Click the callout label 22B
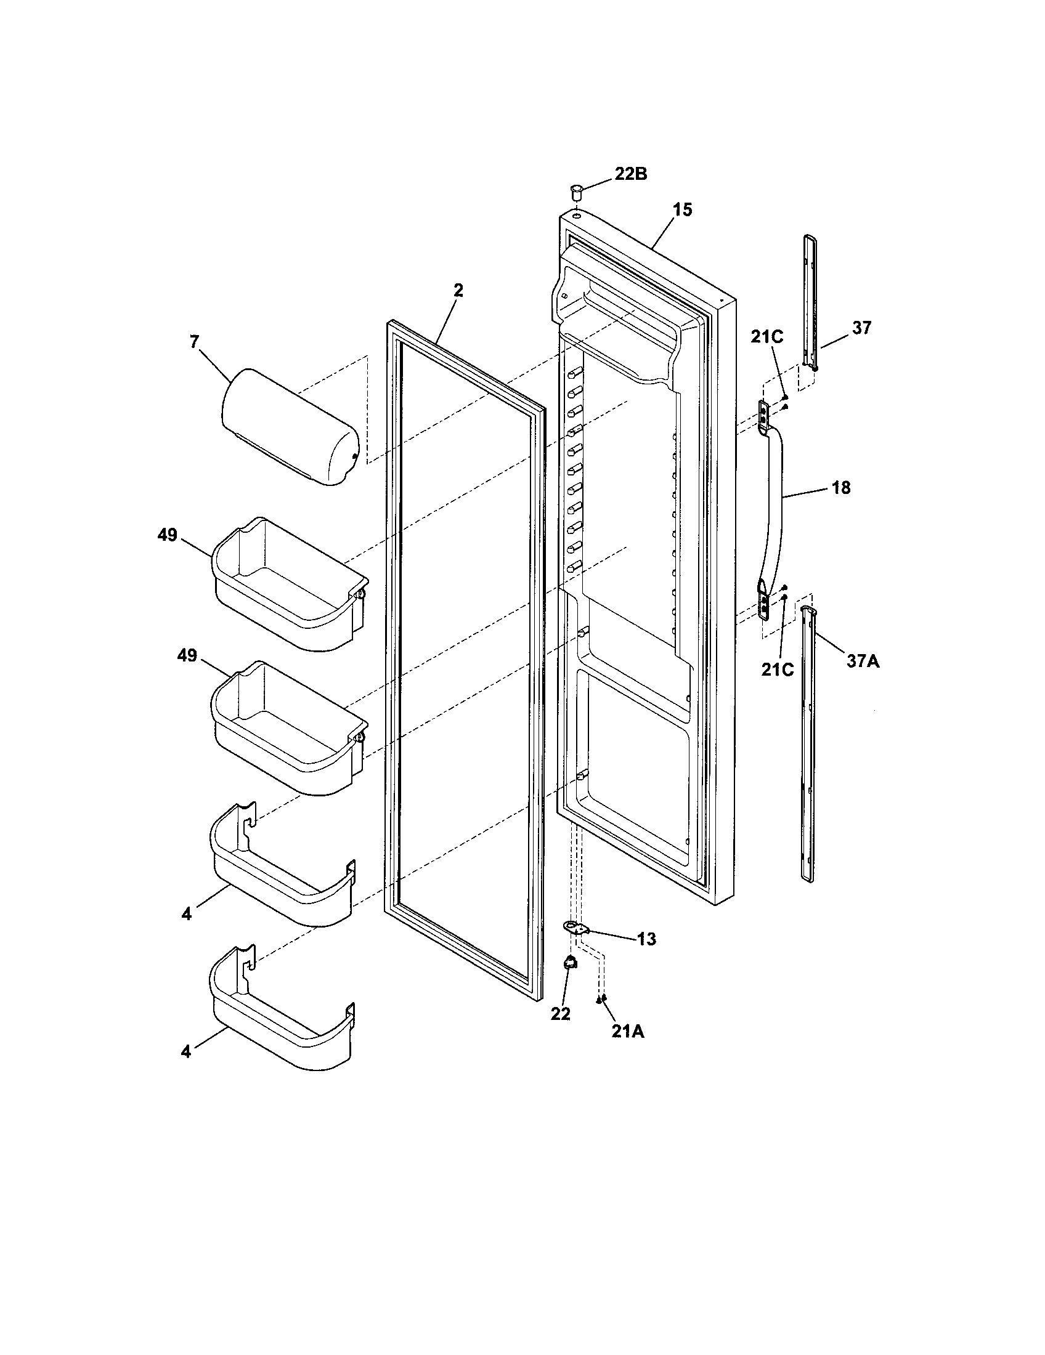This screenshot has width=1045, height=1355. pyautogui.click(x=630, y=174)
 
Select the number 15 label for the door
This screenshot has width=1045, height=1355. pyautogui.click(x=682, y=209)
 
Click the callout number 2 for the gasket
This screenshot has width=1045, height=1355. pyautogui.click(x=457, y=290)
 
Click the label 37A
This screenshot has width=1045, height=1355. pyautogui.click(x=863, y=661)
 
